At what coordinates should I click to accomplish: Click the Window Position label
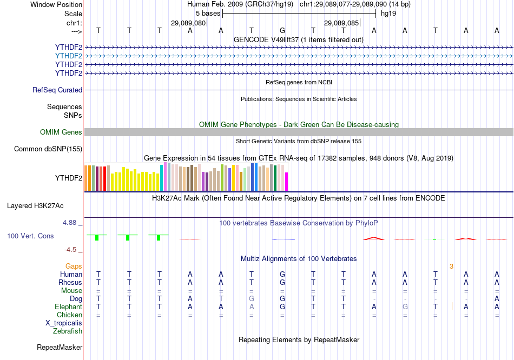coord(56,4)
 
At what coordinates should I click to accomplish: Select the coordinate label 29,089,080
coord(188,23)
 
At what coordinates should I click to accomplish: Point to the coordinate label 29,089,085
coord(341,23)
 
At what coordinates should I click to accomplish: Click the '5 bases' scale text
coord(208,14)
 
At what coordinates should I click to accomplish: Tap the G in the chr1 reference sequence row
coord(282,30)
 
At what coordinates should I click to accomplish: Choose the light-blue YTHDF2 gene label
coord(69,56)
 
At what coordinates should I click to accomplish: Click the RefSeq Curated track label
coord(57,90)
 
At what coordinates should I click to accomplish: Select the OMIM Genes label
coord(61,132)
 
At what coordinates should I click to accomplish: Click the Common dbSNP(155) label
coord(48,149)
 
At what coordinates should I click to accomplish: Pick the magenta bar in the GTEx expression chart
coord(287,181)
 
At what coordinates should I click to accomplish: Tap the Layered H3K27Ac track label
coord(35,206)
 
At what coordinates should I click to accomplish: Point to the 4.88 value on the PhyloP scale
coord(71,222)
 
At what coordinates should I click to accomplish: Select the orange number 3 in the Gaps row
coord(451,266)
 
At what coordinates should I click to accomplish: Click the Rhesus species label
coord(70,283)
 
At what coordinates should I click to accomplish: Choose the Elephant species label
coord(68,307)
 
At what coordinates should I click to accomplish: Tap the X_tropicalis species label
coord(64,323)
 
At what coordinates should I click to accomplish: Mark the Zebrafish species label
coord(68,331)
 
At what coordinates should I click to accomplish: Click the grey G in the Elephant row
coord(405,307)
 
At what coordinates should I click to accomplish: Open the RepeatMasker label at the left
coord(60,347)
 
